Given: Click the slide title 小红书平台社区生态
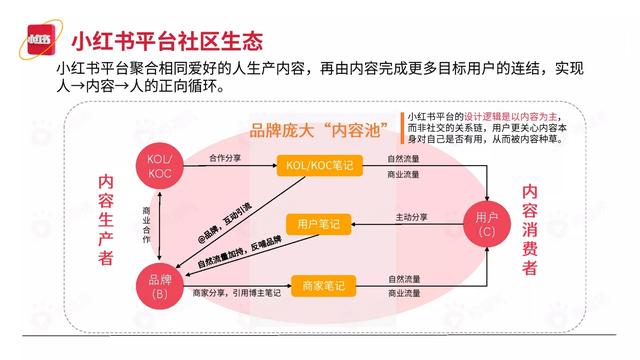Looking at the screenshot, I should click(x=168, y=41).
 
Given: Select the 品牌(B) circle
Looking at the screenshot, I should click(x=159, y=286).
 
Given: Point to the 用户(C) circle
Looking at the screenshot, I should click(x=487, y=226).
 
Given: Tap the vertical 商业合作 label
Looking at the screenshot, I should click(x=147, y=227).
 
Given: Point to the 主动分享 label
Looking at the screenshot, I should click(x=411, y=217).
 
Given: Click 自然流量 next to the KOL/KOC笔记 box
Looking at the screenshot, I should click(x=404, y=158).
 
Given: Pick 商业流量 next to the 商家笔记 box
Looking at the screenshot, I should click(x=404, y=294).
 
